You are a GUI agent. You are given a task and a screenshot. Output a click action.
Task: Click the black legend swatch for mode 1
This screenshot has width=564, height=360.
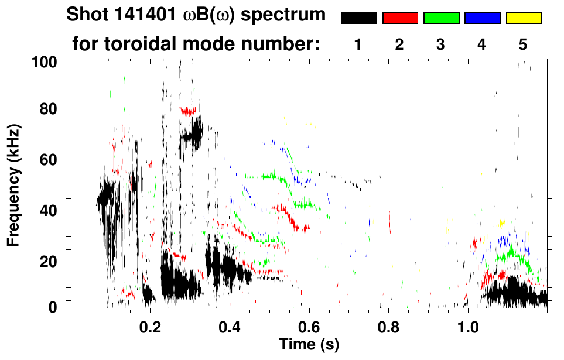(x=359, y=18)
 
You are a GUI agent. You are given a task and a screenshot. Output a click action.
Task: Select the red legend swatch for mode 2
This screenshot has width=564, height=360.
(x=400, y=18)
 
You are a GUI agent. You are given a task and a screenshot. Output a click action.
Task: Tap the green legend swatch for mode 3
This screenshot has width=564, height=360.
(x=441, y=18)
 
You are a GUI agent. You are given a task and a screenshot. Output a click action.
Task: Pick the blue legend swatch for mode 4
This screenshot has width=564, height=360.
(x=482, y=18)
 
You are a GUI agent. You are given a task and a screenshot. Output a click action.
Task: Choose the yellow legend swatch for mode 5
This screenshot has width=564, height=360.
(x=524, y=18)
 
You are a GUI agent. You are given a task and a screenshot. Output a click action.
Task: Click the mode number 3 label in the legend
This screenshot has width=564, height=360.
(x=440, y=44)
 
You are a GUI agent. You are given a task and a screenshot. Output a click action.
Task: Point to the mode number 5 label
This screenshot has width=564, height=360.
(x=523, y=44)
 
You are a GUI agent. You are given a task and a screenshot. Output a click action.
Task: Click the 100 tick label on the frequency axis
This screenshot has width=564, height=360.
(x=44, y=61)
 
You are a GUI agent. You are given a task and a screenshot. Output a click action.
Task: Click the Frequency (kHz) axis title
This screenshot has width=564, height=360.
(x=13, y=184)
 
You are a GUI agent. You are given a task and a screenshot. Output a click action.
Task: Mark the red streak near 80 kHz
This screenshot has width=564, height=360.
(x=188, y=111)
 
